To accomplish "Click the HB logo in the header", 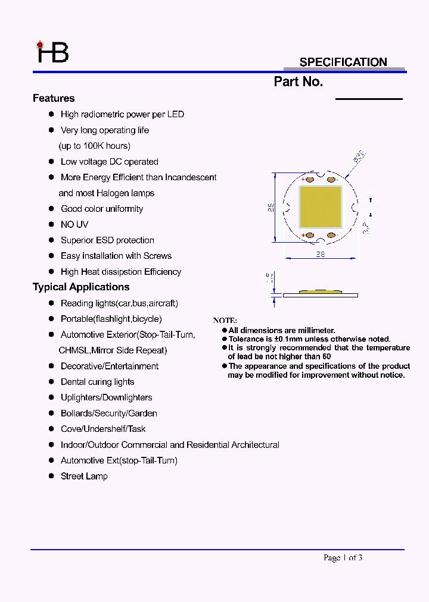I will (x=53, y=52).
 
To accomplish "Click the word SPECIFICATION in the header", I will (x=343, y=62).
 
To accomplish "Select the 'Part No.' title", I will (x=299, y=82).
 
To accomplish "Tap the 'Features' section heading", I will (x=54, y=98).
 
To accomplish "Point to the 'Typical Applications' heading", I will (x=81, y=287).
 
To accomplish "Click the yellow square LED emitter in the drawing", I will (x=321, y=206).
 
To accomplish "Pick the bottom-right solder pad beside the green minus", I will (x=331, y=236).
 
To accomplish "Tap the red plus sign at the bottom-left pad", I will (x=303, y=236).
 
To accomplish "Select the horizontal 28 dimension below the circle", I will (x=321, y=254).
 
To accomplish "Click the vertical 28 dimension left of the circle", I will (x=270, y=207).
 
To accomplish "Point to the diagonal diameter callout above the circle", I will (x=359, y=158).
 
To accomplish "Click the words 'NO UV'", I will (x=74, y=224).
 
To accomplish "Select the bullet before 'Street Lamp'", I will (x=52, y=476).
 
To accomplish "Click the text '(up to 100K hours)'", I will (x=95, y=146).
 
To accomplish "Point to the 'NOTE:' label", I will (x=225, y=321).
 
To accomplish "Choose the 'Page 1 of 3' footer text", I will (x=343, y=557).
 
